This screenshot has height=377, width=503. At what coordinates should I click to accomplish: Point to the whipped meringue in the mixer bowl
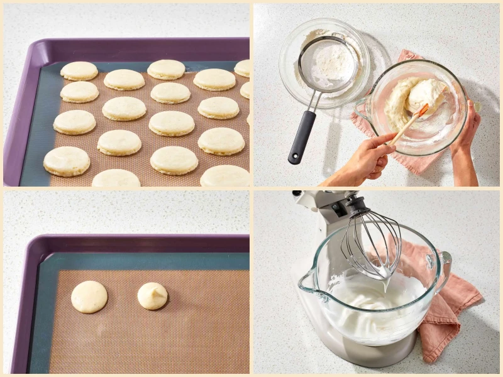pyautogui.click(x=371, y=302)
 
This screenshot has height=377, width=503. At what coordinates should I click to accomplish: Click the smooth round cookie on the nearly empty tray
pyautogui.click(x=89, y=297)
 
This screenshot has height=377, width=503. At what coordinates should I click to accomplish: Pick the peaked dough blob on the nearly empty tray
pyautogui.click(x=153, y=295)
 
